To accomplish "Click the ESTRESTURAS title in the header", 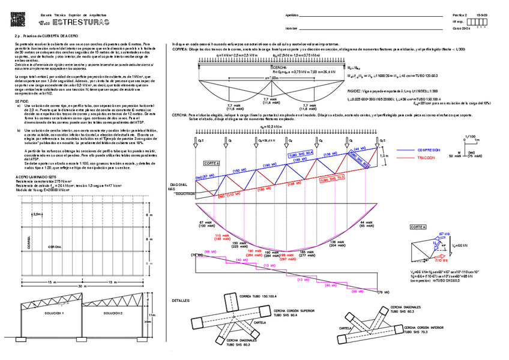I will (82, 23).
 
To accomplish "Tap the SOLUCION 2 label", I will (112, 313).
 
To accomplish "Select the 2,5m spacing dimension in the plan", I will (38, 214).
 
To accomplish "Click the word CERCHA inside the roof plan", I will (55, 246).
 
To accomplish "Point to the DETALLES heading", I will (181, 300).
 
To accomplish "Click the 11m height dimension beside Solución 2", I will (152, 314).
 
